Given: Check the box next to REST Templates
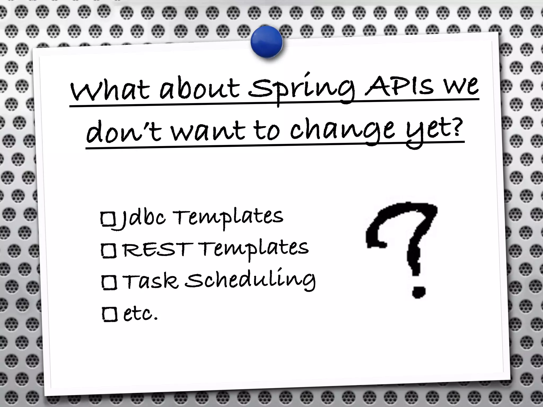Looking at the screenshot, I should [x=109, y=250].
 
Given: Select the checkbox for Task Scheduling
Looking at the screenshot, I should [x=109, y=282].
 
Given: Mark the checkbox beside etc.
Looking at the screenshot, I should [x=110, y=314].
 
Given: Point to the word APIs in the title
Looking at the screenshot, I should [x=399, y=86].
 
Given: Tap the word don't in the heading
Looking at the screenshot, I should [x=124, y=131].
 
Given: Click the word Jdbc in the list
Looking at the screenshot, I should [x=142, y=219].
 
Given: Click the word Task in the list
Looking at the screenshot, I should [x=150, y=281].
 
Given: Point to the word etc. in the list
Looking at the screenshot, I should [x=141, y=314].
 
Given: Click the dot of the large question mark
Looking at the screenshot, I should [x=419, y=291].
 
